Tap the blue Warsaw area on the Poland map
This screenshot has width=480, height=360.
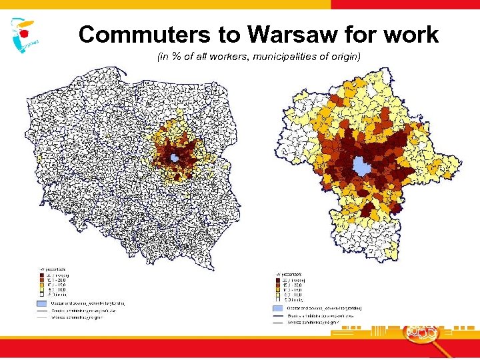click(174, 158)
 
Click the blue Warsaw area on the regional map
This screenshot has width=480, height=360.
click(361, 165)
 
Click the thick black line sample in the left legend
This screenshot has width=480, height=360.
click(42, 311)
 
